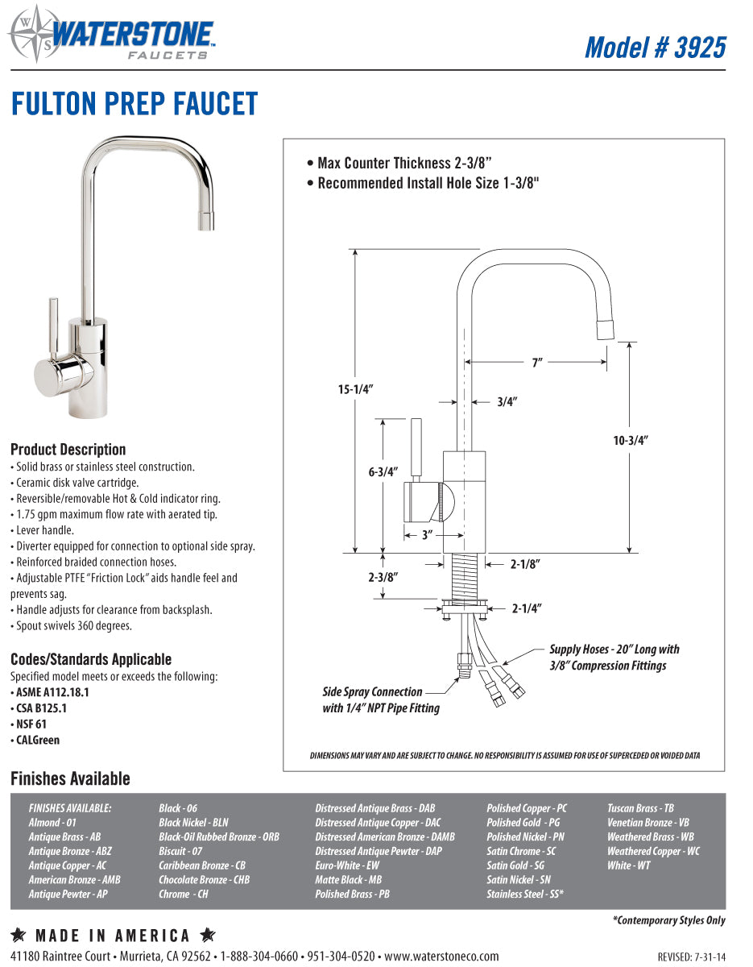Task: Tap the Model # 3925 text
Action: click(x=655, y=47)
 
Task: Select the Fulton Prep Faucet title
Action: click(x=134, y=104)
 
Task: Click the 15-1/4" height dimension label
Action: click(x=354, y=389)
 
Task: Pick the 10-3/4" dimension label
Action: click(x=630, y=440)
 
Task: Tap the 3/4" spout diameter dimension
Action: click(x=507, y=401)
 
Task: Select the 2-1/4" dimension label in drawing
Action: click(x=526, y=608)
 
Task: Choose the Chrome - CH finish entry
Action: click(x=183, y=894)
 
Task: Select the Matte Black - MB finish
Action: click(x=348, y=879)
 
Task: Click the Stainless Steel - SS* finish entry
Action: click(x=524, y=894)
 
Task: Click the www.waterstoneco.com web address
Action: click(x=441, y=956)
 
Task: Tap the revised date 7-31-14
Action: click(x=692, y=957)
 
